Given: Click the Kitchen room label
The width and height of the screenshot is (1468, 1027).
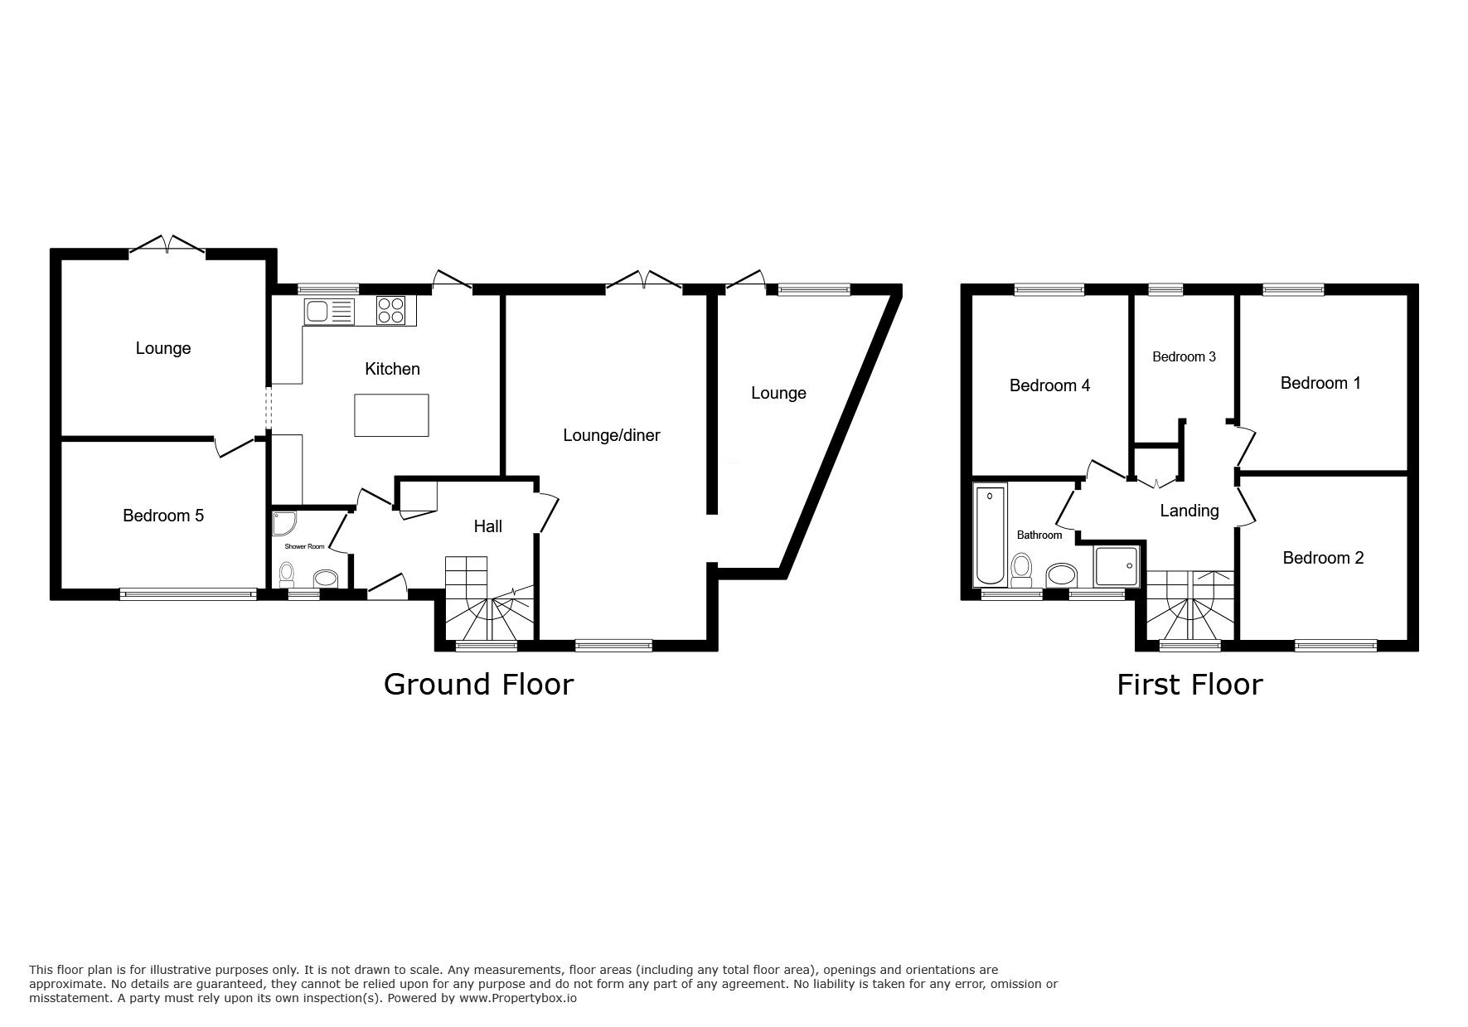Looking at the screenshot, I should (x=392, y=369).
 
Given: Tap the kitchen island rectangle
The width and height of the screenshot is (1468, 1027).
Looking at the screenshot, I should (x=391, y=415).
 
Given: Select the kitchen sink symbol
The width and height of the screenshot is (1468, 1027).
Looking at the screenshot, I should (x=329, y=312).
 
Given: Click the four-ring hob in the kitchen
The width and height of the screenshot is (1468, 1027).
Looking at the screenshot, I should (x=391, y=310).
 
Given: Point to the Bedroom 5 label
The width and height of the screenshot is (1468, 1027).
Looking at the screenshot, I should (x=163, y=516).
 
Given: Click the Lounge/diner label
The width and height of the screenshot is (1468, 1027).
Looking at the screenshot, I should (x=611, y=435).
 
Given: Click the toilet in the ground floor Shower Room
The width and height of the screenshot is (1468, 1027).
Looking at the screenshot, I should (x=287, y=573).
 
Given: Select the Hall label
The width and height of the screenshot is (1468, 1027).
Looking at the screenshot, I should (x=487, y=526).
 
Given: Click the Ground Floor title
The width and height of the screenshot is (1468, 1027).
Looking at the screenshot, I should (x=478, y=685).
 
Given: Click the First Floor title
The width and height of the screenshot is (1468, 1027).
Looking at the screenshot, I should (x=1189, y=685).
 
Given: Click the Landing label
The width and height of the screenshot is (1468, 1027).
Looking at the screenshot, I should (x=1189, y=511).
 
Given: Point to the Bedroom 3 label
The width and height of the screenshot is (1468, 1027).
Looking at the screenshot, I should (x=1184, y=357).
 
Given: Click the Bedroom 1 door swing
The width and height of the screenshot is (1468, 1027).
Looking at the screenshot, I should (x=1244, y=445).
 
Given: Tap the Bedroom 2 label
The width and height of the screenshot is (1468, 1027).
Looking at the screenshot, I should (x=1323, y=558).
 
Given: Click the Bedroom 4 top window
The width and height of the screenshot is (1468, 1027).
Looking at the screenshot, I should (x=1049, y=289).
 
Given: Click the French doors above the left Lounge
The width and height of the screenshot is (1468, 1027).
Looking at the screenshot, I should (x=167, y=245).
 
